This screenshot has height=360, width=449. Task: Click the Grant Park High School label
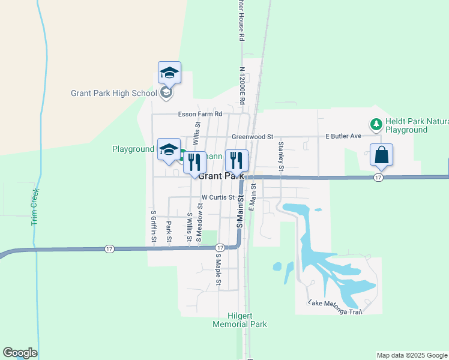click(113, 93)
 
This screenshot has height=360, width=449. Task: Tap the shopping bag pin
click(381, 155)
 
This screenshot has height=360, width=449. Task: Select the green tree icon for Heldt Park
click(376, 124)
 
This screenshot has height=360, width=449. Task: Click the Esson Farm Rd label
click(200, 114)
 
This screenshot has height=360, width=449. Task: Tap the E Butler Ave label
click(343, 136)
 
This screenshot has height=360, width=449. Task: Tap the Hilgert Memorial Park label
click(240, 320)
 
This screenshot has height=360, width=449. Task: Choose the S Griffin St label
click(154, 226)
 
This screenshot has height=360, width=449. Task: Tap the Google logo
click(20, 353)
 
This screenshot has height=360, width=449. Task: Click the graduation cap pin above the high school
click(170, 73)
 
